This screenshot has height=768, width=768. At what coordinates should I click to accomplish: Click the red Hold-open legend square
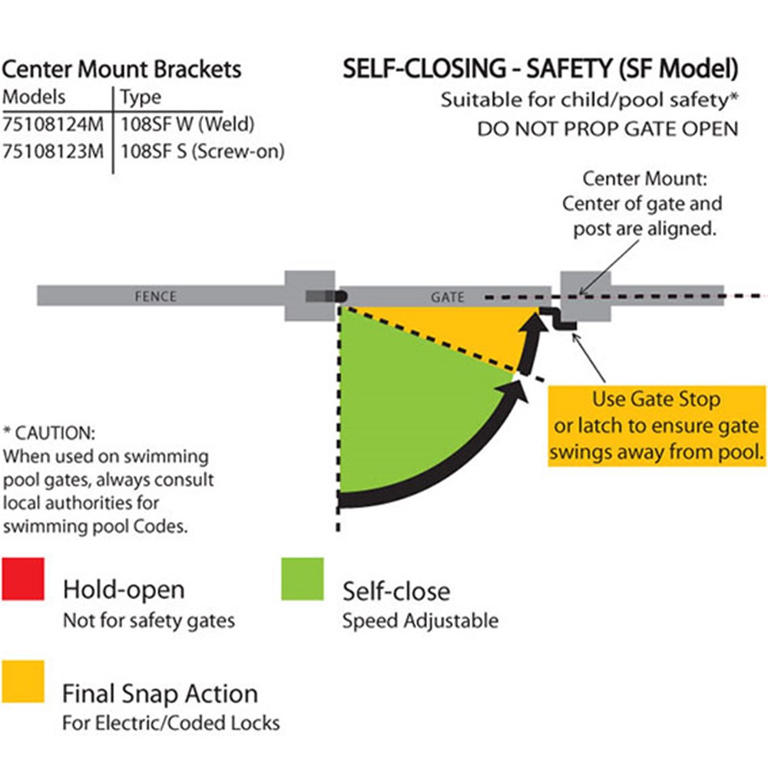pos(22,578)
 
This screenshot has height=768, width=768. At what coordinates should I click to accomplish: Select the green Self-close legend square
pos(302,578)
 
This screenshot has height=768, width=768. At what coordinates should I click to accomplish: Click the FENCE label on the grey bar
pos(156,296)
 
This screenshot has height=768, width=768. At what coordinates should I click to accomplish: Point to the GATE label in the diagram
pos(447,296)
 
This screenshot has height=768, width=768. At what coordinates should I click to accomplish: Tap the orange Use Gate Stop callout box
pos(656,425)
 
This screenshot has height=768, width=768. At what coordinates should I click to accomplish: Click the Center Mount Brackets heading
pos(121,70)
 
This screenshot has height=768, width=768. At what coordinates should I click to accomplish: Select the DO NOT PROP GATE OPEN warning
pos(607,128)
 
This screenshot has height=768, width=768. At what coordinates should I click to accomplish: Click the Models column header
pos(35,98)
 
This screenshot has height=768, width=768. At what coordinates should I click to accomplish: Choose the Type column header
pos(141,98)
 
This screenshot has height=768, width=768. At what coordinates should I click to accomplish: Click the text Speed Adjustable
pos(420,621)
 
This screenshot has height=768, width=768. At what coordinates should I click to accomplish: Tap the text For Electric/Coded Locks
pos(170,723)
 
